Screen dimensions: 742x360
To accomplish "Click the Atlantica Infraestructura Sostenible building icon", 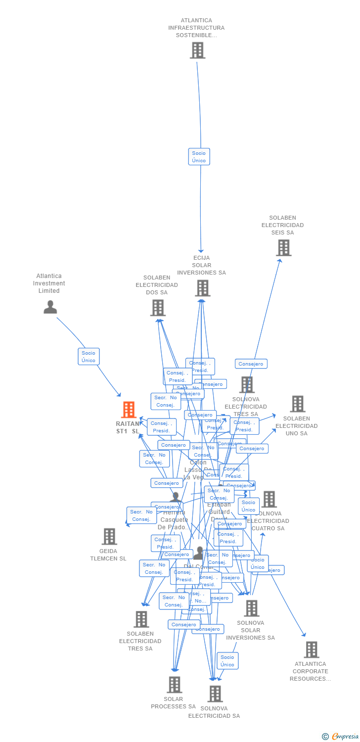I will tap(197, 50).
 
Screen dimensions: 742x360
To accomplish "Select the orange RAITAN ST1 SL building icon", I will tap(129, 410).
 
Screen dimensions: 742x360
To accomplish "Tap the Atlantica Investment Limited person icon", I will tap(50, 307).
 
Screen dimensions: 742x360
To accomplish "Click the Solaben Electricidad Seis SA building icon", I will tap(283, 248).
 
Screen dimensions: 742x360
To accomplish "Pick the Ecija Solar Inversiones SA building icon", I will tap(202, 288).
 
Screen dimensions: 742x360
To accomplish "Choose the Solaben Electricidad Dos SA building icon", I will tap(158, 308).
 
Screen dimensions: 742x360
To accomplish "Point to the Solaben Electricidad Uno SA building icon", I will tap(297, 404).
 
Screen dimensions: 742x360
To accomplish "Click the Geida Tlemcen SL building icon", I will tap(109, 537).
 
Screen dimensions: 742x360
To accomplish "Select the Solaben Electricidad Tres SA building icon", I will tap(141, 619).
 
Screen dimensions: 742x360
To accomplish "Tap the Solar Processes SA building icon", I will tap(174, 685).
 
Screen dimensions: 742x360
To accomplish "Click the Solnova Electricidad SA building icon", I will tap(215, 694).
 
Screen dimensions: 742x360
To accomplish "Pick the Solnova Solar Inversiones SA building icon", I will tap(251, 608).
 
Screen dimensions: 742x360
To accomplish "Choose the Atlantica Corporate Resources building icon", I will tap(311, 649).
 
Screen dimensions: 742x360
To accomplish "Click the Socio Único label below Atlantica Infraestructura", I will tap(199, 157).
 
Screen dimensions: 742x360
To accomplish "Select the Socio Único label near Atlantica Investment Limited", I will tap(89, 357).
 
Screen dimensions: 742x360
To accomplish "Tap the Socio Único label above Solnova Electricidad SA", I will tap(227, 661).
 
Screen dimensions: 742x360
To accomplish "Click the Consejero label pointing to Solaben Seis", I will tap(251, 364).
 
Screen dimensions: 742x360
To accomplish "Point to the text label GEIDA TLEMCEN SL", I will tap(108, 555).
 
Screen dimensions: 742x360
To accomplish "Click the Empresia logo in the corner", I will tap(341, 737).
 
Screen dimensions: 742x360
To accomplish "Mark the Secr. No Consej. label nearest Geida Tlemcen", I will tap(141, 515).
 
